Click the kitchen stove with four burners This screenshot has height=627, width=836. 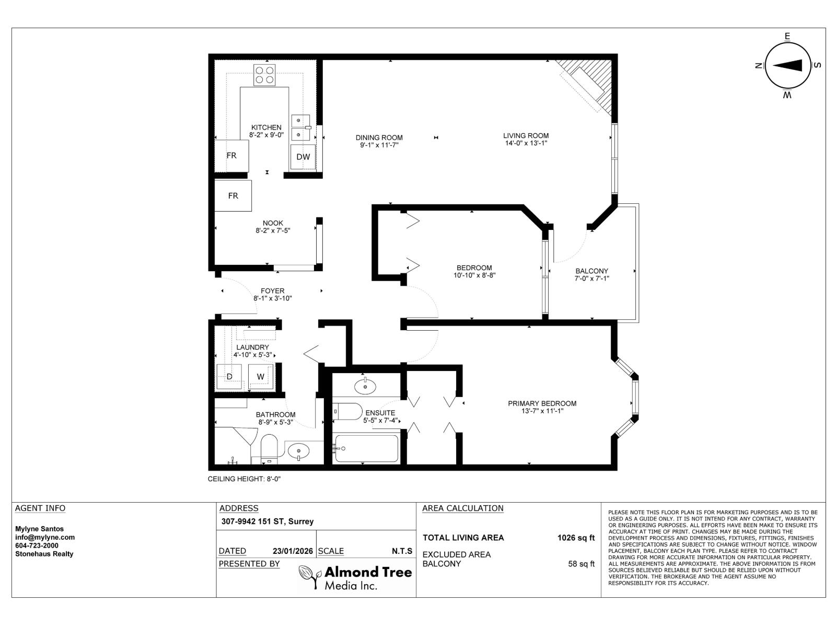(x=265, y=75)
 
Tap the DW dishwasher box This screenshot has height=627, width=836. (x=303, y=157)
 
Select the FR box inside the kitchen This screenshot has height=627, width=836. (x=231, y=155)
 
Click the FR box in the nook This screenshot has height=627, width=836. (x=233, y=195)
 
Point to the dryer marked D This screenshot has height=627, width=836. (x=229, y=377)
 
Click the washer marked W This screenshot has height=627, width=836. (x=260, y=376)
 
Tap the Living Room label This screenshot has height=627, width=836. (x=526, y=135)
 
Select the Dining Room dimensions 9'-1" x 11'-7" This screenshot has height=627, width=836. (x=379, y=145)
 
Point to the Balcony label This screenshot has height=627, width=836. (x=591, y=271)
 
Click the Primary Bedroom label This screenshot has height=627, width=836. (x=542, y=403)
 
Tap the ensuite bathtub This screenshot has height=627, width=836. (x=366, y=449)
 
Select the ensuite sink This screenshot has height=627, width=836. (x=365, y=387)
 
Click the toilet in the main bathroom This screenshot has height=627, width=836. (x=269, y=448)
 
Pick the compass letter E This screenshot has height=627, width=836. (x=787, y=36)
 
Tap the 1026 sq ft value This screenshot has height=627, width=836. (x=576, y=538)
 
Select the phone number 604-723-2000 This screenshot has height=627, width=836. (x=37, y=545)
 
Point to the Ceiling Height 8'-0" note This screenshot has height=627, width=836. (x=245, y=479)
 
